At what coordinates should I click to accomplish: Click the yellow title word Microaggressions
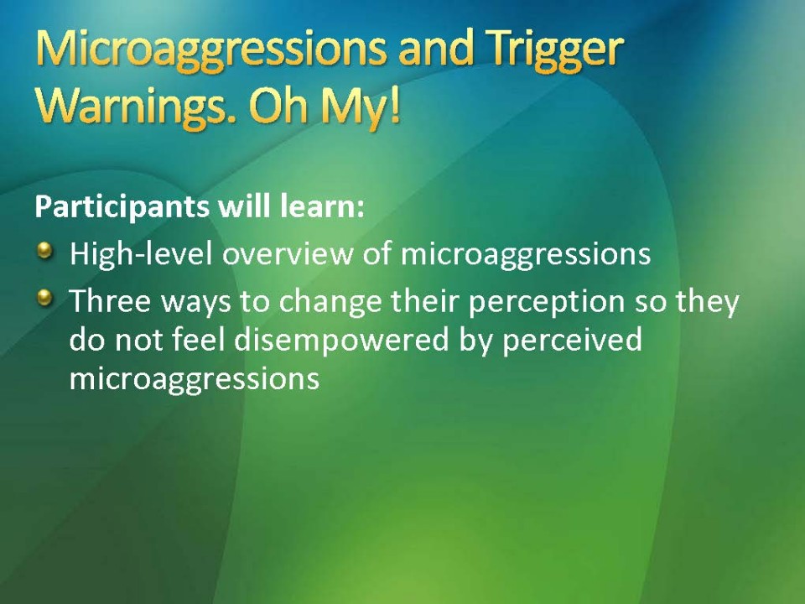tap(210, 51)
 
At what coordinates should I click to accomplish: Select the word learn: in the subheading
tap(322, 206)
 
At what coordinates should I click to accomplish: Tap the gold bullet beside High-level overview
tap(45, 250)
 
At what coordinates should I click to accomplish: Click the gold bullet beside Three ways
tap(45, 297)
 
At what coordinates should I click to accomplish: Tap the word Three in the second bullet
tap(110, 301)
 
